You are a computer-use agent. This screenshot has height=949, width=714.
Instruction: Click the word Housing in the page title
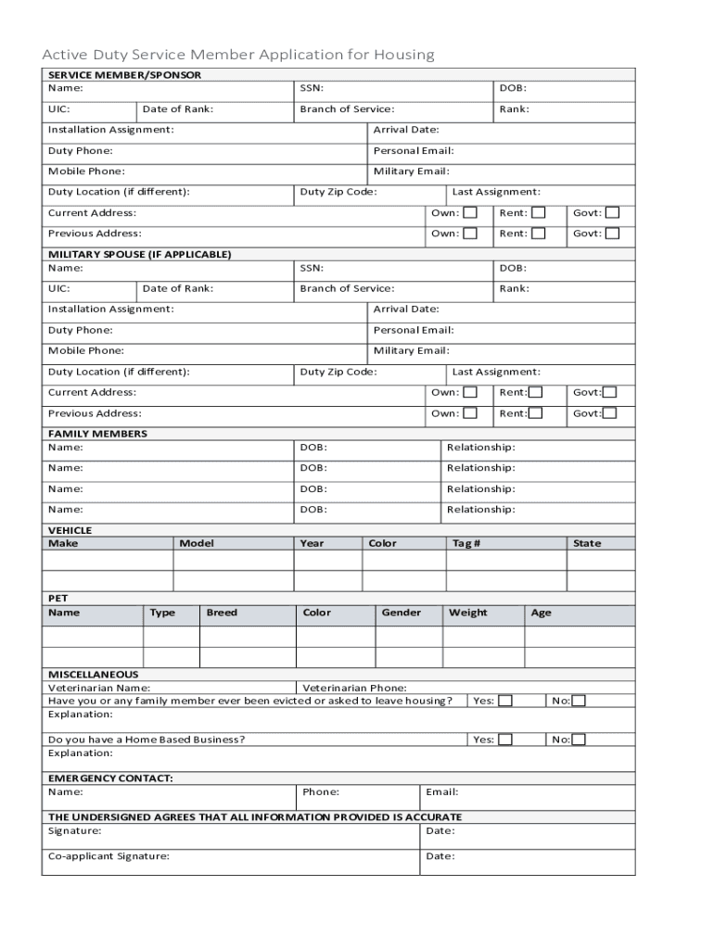pyautogui.click(x=403, y=55)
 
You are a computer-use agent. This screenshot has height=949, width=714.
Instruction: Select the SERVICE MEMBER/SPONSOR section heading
pyautogui.click(x=124, y=75)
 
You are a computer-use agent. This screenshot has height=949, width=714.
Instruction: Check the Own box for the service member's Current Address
pyautogui.click(x=470, y=213)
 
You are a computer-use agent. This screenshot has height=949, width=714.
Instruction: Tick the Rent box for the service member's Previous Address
pyautogui.click(x=538, y=234)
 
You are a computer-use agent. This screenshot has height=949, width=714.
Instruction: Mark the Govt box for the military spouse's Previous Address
pyautogui.click(x=610, y=413)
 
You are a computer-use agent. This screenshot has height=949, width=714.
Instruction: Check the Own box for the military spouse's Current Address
pyautogui.click(x=470, y=393)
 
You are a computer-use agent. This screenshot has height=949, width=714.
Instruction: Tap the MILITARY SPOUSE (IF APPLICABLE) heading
pyautogui.click(x=139, y=254)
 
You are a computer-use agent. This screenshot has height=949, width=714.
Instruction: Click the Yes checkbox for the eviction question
pyautogui.click(x=505, y=702)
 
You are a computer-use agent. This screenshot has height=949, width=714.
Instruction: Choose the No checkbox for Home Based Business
pyautogui.click(x=579, y=740)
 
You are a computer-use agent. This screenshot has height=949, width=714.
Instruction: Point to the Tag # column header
pyautogui.click(x=465, y=543)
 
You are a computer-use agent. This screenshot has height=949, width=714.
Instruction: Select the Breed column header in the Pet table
pyautogui.click(x=222, y=613)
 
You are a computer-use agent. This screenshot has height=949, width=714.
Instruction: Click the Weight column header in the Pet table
pyautogui.click(x=467, y=613)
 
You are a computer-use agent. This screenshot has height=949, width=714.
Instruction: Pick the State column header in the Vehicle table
pyautogui.click(x=586, y=543)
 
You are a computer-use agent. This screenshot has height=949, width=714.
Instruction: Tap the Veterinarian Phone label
pyautogui.click(x=354, y=688)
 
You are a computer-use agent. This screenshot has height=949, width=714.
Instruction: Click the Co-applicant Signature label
pyautogui.click(x=108, y=856)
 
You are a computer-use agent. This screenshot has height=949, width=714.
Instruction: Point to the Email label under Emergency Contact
pyautogui.click(x=441, y=792)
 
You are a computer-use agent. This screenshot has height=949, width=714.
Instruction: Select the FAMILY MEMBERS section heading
pyautogui.click(x=97, y=434)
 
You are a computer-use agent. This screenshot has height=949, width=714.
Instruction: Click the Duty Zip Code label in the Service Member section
pyautogui.click(x=338, y=192)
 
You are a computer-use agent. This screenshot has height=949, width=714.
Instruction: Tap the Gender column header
pyautogui.click(x=401, y=613)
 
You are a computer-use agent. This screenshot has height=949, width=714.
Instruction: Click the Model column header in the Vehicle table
pyautogui.click(x=197, y=543)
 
